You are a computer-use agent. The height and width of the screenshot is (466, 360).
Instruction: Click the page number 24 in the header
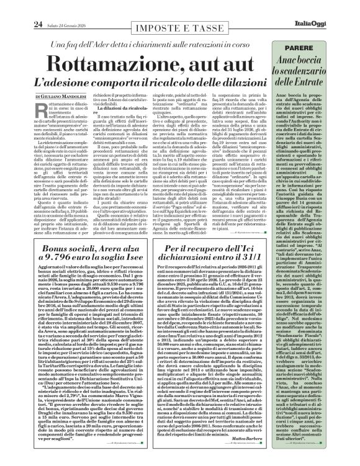coord(19,7)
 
